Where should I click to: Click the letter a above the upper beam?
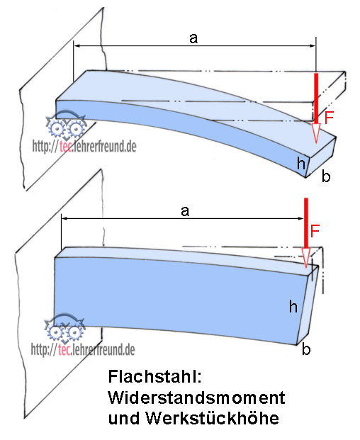pos(193,38)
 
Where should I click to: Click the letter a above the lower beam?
pos(185,211)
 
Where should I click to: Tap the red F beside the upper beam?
pos(329,118)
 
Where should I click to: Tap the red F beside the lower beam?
pos(315,231)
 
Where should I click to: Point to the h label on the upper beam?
pos(300,163)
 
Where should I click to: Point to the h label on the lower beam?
pos(293,306)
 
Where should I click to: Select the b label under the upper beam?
pos(326,176)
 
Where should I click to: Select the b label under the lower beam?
pos(306,349)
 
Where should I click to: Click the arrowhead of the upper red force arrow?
pos(316,133)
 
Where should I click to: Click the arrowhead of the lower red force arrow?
pos(306,258)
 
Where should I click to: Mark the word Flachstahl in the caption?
pos(155,376)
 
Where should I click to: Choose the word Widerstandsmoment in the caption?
pos(197,397)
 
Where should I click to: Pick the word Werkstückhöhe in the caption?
pos(212,419)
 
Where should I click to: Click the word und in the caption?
pos(124,419)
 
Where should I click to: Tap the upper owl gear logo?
pos(66,125)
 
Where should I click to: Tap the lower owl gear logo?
pos(64,328)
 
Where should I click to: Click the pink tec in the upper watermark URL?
pos(65,147)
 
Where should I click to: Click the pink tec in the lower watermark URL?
pos(64,349)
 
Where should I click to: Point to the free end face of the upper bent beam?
pos(321,158)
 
